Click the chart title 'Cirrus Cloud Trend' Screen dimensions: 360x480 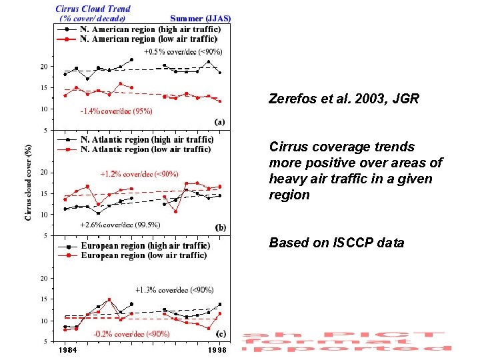[x=93, y=9]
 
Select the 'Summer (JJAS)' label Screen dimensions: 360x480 [x=200, y=19]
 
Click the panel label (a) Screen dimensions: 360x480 [x=219, y=122]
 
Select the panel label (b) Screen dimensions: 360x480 [x=219, y=227]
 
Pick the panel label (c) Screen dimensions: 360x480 [x=219, y=333]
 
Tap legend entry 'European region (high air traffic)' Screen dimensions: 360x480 [x=145, y=246]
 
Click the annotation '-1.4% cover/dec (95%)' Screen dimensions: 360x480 [x=116, y=111]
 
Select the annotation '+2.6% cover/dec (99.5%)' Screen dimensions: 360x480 [x=120, y=225]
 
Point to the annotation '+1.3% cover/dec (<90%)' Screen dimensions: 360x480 [x=175, y=290]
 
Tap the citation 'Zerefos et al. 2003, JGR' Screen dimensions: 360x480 [x=343, y=99]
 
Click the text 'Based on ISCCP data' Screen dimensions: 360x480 [x=336, y=243]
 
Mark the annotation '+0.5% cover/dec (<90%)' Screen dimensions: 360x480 [x=183, y=51]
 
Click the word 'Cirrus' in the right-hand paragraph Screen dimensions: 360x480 [x=286, y=147]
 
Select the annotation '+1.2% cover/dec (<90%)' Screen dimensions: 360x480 [x=139, y=174]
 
